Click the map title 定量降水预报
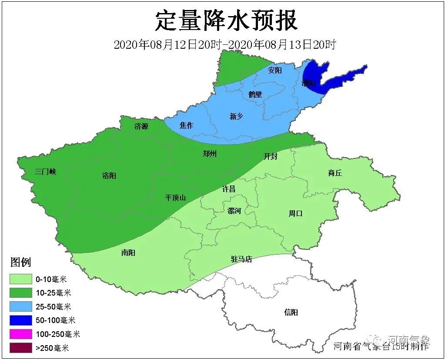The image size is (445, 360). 226,21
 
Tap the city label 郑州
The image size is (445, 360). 210,154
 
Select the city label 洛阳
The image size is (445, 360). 109,176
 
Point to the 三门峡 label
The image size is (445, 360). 46,172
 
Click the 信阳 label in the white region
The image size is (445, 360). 291,313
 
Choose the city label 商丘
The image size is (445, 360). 335,173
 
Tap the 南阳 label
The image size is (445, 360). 128,252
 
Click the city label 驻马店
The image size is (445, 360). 241,259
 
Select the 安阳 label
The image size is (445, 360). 275,70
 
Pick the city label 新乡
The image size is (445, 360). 236,116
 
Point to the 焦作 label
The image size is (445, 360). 186,125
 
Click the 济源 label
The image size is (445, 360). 141,127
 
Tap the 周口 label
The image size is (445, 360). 295,213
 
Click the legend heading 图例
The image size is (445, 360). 21,262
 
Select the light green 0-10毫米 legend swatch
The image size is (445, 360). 21,279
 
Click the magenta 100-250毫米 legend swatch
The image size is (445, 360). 21,334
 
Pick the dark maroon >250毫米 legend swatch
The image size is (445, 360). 21,348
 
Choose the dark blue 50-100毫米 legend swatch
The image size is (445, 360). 21,320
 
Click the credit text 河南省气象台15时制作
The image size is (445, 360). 381,347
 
